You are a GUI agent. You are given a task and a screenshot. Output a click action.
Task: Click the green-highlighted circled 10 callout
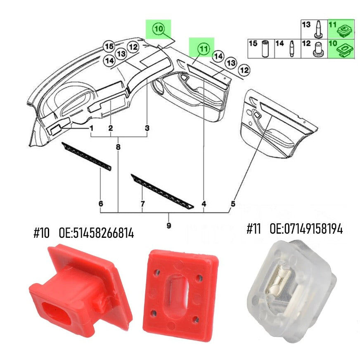pos(159,29)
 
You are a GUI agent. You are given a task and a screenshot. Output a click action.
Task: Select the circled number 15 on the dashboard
pos(109,47)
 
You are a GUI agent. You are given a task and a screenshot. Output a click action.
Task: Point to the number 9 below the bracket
pos(169,225)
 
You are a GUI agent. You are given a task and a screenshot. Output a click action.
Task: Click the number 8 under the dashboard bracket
pos(118,147)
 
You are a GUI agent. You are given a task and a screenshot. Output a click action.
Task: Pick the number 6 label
pos(101,204)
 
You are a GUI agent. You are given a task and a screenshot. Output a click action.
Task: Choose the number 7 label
pos(142,204)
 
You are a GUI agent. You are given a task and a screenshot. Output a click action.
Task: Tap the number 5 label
pos(233,204)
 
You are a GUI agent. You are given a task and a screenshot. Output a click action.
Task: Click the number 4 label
pos(204,204)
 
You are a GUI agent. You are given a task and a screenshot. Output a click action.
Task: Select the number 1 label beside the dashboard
pos(92,128)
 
